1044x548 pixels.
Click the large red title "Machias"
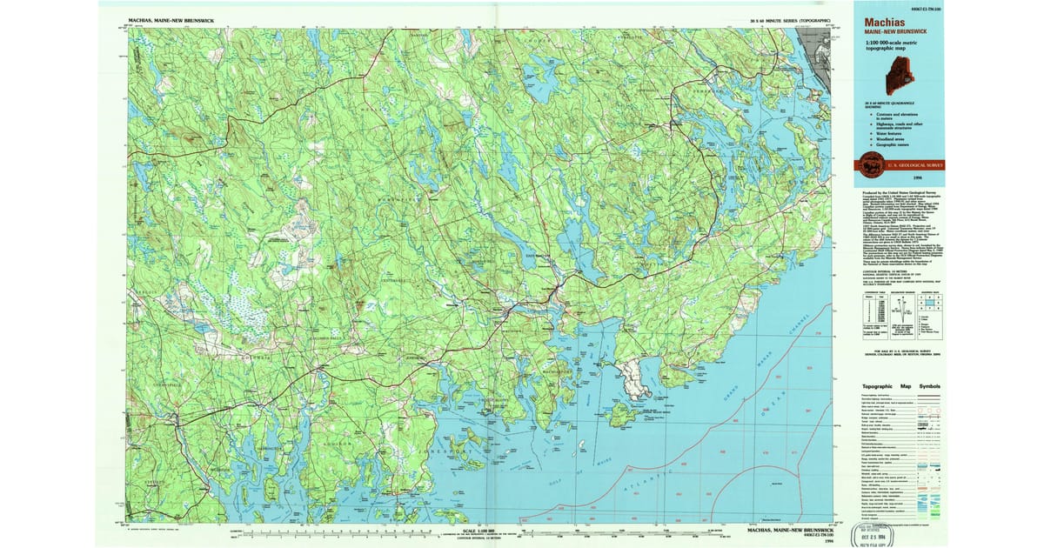click(x=886, y=23)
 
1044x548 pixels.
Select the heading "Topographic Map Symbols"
click(x=900, y=386)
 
